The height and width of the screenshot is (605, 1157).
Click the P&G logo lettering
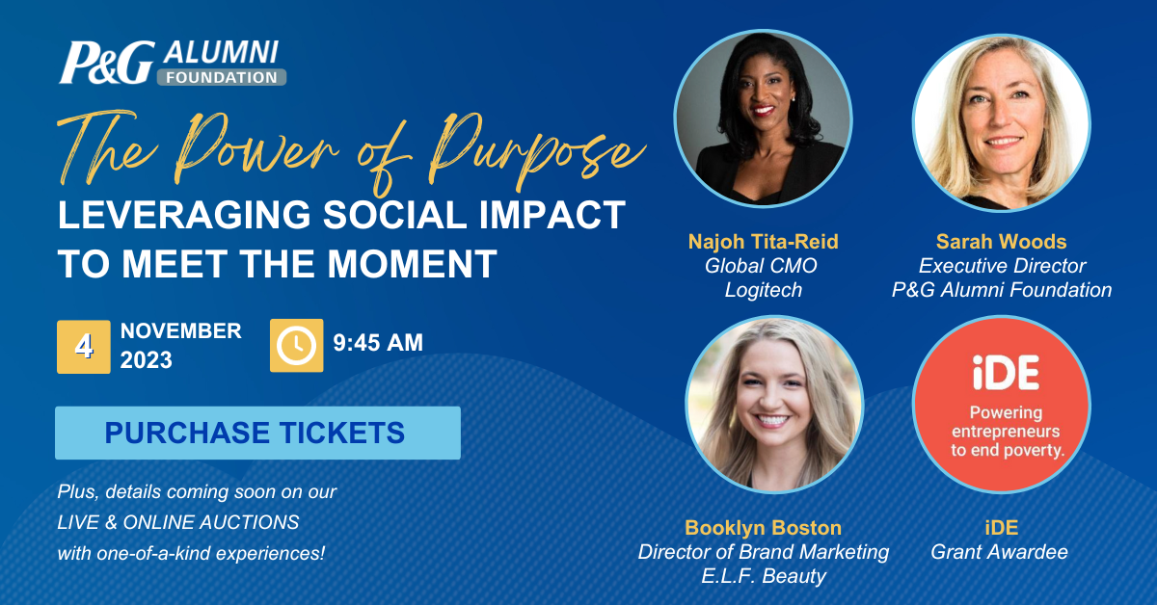107,63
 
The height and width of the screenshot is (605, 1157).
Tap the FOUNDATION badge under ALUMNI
222,77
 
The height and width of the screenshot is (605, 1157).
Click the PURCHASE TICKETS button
257,433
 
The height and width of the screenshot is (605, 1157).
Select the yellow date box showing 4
84,347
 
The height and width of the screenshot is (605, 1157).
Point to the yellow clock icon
297,345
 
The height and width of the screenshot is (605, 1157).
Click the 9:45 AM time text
378,343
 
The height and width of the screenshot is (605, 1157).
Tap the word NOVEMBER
181,330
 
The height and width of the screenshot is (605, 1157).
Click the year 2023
147,359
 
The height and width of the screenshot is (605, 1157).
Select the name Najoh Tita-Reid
764,242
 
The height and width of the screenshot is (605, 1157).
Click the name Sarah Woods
1002,242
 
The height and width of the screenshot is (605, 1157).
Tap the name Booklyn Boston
764,528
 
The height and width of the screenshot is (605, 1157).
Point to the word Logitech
764,290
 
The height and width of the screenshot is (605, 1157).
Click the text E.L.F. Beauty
764,575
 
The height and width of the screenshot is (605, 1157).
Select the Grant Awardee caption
1000,552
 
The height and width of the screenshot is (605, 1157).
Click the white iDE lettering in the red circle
1006,373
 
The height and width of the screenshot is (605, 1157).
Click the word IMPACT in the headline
552,215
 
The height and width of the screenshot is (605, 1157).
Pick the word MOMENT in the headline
412,264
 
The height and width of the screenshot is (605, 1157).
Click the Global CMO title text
761,266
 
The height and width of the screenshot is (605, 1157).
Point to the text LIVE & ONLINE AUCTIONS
178,522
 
